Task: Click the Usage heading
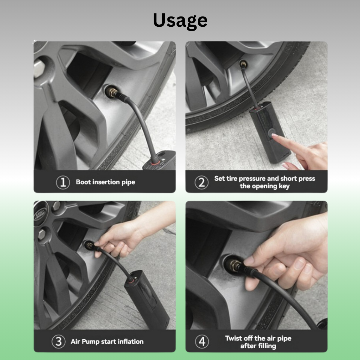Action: coord(180,21)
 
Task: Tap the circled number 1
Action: coord(63,182)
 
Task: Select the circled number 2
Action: coord(201,182)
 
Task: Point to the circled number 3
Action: coord(58,341)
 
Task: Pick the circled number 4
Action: coord(202,341)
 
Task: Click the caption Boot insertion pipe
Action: coord(105,182)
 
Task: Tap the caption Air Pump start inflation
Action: coord(107,341)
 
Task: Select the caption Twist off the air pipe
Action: coord(258,338)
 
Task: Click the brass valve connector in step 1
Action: coord(112,92)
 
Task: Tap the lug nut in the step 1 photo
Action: coord(39,68)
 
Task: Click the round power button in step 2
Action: coord(271,133)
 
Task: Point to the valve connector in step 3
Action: coord(90,246)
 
